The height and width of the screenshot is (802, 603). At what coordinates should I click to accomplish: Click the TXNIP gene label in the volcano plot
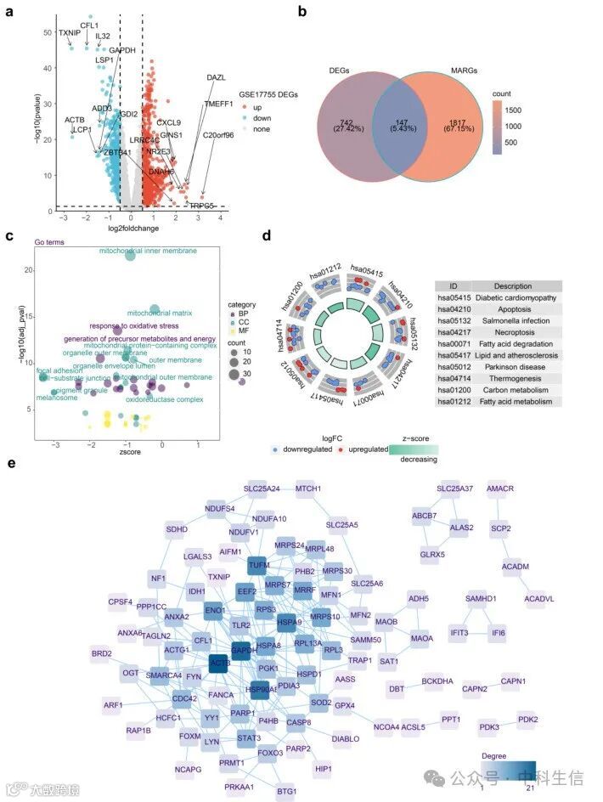(x=70, y=32)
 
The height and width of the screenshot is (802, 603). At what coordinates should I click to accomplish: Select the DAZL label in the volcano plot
(x=217, y=77)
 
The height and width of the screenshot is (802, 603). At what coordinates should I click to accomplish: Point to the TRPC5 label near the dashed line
(x=201, y=206)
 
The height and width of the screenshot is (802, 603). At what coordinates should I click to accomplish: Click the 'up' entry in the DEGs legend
(x=256, y=108)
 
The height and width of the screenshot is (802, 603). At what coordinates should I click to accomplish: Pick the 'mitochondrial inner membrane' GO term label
(x=148, y=251)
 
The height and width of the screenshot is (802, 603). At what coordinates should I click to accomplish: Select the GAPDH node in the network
(x=245, y=650)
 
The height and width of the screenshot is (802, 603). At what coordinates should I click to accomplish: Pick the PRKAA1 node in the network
(x=215, y=787)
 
